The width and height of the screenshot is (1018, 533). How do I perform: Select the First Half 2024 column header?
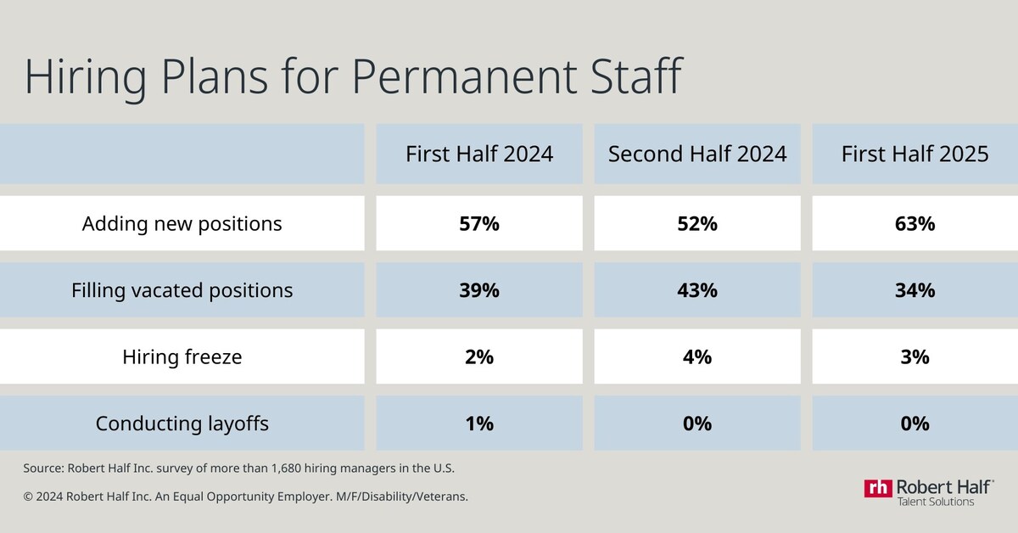click(479, 154)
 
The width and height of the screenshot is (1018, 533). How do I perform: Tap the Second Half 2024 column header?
click(697, 154)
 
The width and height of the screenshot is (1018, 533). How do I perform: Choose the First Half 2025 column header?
click(915, 154)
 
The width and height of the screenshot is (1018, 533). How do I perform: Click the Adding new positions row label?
click(182, 224)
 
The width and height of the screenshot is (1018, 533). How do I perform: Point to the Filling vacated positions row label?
click(182, 290)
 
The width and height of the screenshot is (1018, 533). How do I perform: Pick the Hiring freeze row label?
click(182, 356)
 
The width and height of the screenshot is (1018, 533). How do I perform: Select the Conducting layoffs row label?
click(182, 423)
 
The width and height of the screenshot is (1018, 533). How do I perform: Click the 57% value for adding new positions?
click(479, 224)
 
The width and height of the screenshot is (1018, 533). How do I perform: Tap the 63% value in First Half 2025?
click(915, 224)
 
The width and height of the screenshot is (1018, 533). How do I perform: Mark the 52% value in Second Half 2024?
click(697, 224)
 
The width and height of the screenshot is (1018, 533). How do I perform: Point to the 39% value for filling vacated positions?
click(479, 290)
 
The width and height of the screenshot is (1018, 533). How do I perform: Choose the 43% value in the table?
click(697, 290)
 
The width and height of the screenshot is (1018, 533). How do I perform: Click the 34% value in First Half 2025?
click(915, 290)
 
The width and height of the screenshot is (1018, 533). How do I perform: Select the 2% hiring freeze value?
click(479, 356)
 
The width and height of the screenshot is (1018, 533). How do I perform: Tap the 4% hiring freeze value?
click(697, 356)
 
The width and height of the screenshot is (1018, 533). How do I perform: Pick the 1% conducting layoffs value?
click(479, 423)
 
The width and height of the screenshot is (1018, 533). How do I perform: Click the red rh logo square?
click(879, 488)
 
